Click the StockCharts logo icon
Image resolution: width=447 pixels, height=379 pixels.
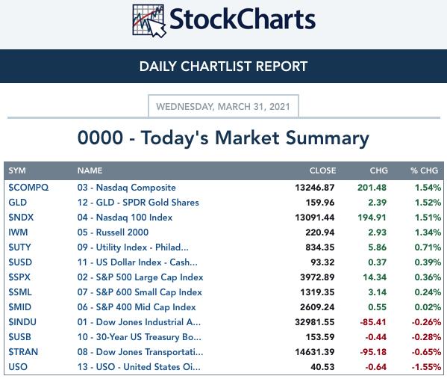click(149, 21)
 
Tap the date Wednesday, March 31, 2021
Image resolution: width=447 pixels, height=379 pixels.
click(223, 107)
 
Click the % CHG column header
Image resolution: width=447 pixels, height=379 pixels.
click(424, 170)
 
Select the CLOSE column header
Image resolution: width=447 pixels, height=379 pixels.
click(322, 170)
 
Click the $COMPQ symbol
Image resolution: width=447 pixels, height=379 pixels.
click(28, 188)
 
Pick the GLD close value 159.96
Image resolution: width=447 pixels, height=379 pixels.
click(320, 203)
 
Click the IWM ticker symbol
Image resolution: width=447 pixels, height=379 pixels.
click(18, 232)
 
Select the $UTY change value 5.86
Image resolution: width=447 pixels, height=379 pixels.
click(377, 247)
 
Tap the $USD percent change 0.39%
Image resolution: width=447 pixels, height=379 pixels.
click(428, 262)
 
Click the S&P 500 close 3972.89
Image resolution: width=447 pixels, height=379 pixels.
click(317, 277)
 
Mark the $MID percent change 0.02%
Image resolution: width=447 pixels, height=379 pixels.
click(428, 307)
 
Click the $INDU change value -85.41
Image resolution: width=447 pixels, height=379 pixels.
click(373, 322)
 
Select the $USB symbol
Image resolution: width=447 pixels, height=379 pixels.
click(19, 337)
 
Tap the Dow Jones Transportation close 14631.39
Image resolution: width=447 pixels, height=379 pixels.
click(315, 352)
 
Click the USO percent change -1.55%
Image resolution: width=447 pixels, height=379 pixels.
click(426, 367)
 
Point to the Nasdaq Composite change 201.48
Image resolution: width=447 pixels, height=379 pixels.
click(372, 188)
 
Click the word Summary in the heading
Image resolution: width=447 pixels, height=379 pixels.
click(328, 139)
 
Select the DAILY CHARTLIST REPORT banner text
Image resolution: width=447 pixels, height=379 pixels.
click(223, 67)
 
